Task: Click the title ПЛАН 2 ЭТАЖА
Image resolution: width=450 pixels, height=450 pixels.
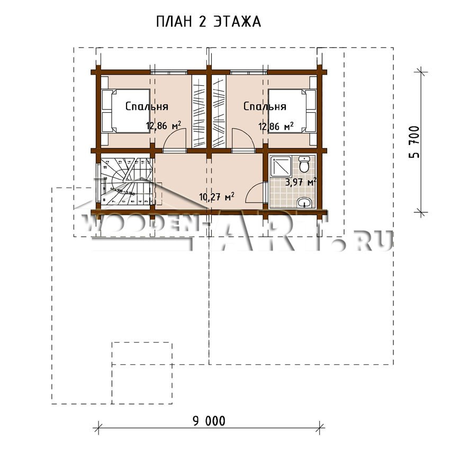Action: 209,22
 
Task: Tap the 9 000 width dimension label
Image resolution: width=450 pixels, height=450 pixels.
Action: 208,421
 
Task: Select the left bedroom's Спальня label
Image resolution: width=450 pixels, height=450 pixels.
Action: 147,106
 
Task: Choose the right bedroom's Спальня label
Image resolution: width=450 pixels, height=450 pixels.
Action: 265,106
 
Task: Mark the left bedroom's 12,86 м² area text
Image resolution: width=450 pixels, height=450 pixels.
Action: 164,126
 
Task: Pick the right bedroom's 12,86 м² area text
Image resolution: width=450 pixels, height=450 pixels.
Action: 276,126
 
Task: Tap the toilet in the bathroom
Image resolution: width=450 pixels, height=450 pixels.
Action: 304,164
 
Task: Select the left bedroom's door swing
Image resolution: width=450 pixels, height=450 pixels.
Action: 175,141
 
